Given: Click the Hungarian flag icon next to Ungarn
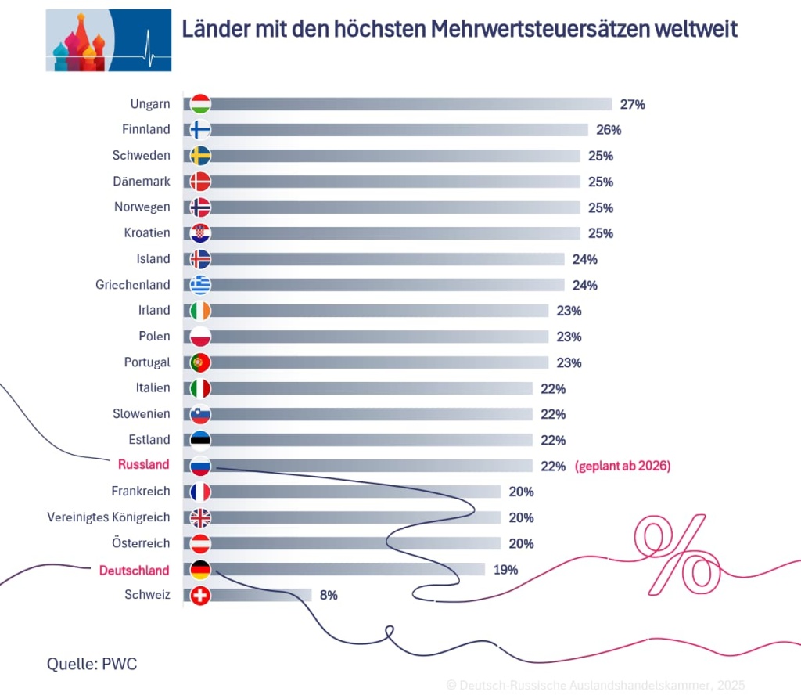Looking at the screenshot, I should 200,104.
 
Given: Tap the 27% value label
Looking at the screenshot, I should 632,104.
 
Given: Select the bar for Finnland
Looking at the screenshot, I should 399,130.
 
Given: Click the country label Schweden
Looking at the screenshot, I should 141,155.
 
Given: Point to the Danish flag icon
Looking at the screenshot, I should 200,182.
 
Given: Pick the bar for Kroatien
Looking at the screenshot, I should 395,233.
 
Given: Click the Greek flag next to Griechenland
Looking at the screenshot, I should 200,285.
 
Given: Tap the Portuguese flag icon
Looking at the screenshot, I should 200,362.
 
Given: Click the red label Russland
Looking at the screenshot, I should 143,464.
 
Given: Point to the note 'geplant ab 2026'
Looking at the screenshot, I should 623,466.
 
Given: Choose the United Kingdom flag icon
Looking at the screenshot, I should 200,517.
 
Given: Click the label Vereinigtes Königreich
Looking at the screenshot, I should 108,517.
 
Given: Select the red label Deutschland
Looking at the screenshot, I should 134,570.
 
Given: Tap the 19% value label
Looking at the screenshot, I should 505,570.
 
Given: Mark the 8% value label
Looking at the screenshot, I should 329,595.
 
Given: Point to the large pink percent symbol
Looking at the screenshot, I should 677,554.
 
